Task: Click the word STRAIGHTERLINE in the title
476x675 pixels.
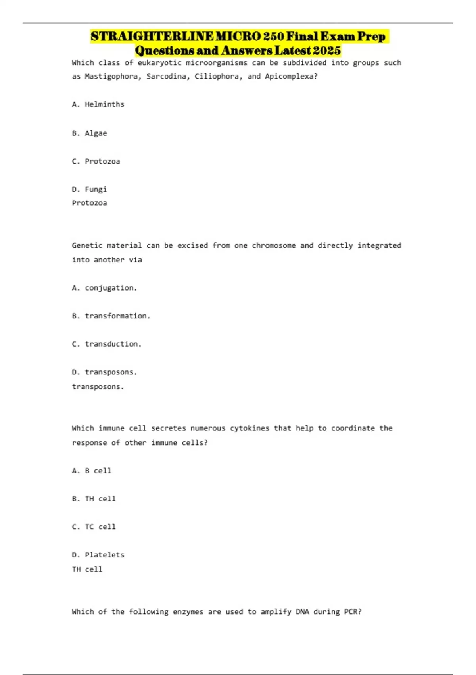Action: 152,37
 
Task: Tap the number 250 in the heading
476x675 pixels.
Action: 274,37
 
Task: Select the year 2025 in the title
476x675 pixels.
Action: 326,51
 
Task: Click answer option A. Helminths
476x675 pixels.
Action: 98,104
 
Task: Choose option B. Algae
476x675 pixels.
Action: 89,133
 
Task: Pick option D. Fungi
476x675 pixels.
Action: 89,189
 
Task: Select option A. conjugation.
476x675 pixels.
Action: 104,288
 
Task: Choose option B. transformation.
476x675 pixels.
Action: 111,316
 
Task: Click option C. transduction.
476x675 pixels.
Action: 107,344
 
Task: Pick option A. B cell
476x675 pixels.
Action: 91,471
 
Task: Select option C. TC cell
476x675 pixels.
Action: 94,527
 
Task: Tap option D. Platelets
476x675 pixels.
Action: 98,555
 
